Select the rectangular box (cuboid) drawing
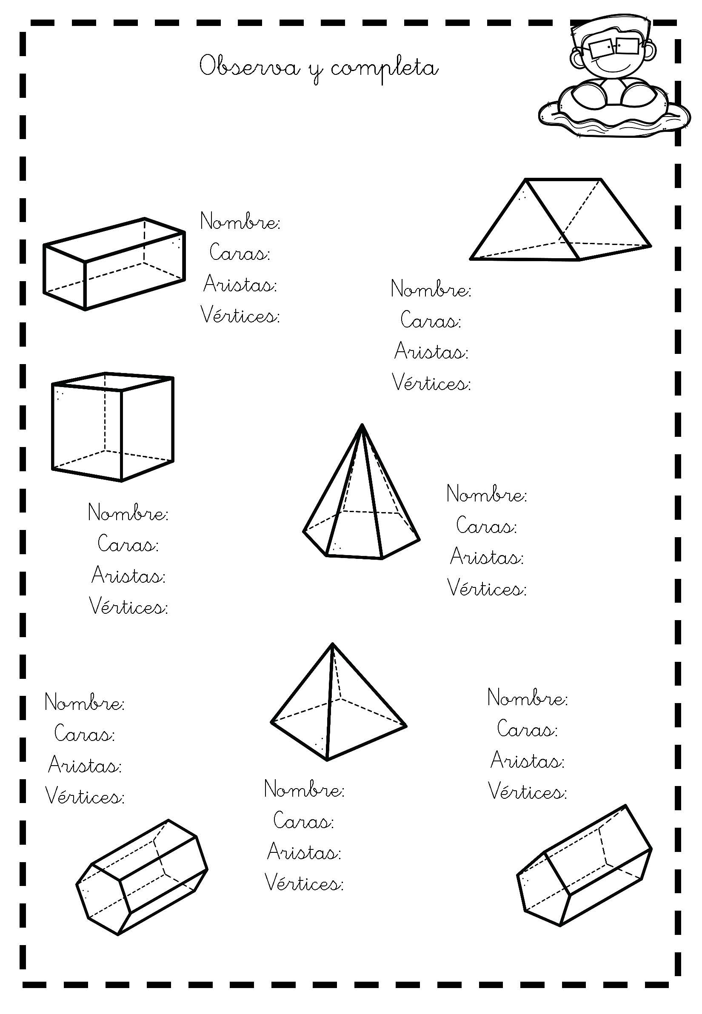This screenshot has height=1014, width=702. [x=114, y=263]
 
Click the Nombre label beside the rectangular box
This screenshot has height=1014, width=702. [x=240, y=221]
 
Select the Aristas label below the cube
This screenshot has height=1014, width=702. [x=128, y=575]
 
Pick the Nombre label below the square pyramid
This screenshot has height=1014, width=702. [x=304, y=789]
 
